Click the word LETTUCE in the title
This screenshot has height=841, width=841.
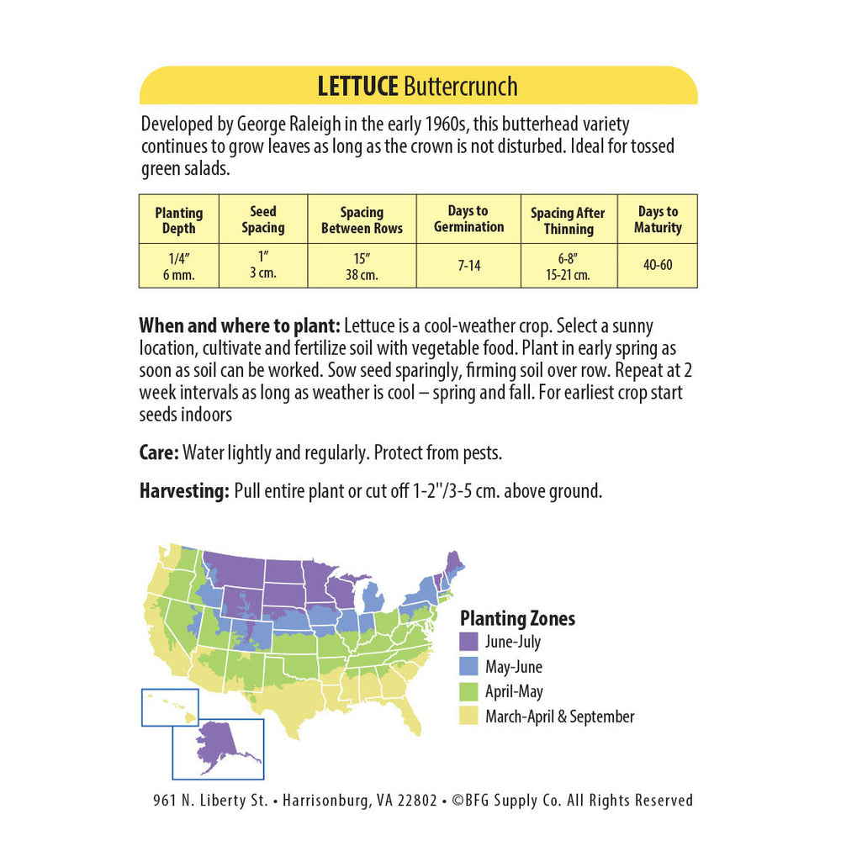pos(358,86)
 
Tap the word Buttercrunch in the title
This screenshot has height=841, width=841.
pos(461,86)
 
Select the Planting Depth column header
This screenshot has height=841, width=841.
pos(179,220)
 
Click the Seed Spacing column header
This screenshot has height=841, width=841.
pos(263,220)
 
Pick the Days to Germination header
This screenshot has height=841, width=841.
pos(468,219)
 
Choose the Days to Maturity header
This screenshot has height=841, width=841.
pos(658,220)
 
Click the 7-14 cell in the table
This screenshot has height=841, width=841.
pos(468,266)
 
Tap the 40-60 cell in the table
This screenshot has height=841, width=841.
pos(658,266)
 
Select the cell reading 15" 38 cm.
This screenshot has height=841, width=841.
pos(362,266)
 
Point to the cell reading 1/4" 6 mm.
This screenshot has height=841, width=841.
pos(179,266)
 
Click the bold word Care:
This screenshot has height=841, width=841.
pos(159,453)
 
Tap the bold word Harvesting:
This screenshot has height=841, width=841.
pos(184,492)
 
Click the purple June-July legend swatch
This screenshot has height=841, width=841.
pos(469,642)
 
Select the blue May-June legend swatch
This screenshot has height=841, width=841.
pos(469,667)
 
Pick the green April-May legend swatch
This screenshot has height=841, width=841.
pos(469,692)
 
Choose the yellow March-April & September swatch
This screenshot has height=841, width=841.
pos(469,717)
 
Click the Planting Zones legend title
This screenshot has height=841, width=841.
pos(517,618)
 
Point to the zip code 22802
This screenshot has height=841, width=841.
pos(415,801)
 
